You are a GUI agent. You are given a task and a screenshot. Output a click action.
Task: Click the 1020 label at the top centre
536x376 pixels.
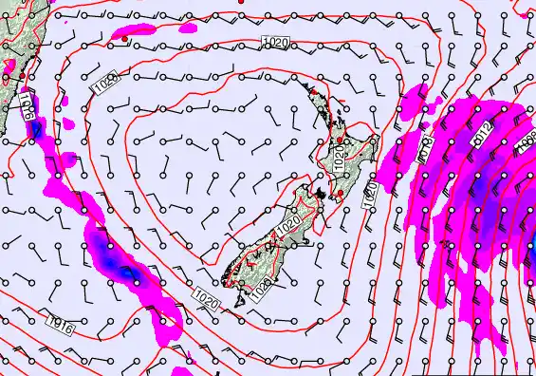point(276,43)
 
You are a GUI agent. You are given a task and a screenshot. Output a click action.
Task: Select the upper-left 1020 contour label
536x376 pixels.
point(106,84)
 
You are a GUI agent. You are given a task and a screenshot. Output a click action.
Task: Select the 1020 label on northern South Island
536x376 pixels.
point(287,227)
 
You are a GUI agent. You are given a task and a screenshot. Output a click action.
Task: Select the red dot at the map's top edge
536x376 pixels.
point(241,2)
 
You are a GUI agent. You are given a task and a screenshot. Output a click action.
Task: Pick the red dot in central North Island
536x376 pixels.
point(340,141)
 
